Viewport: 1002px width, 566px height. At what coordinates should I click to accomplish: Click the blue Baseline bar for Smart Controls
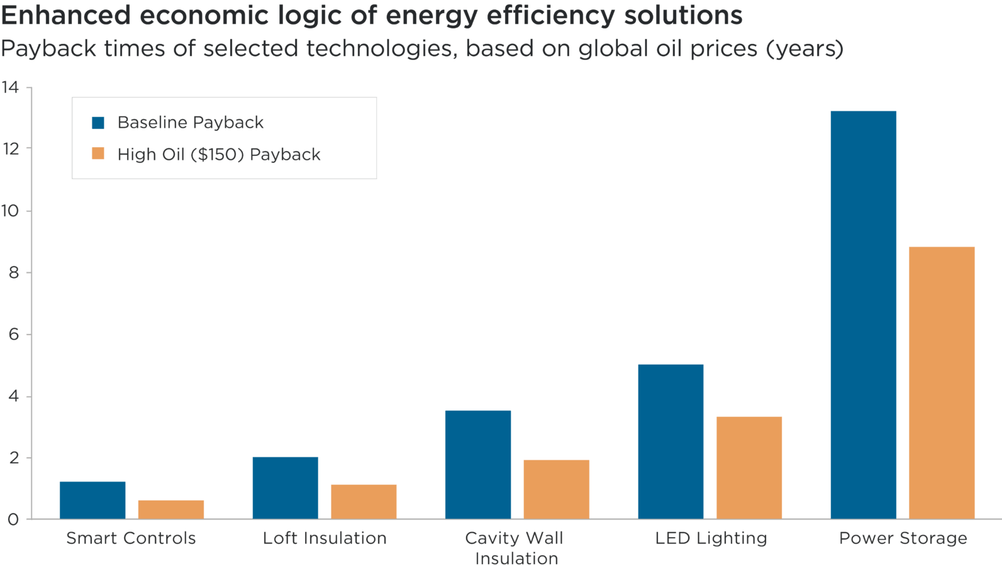tap(92, 500)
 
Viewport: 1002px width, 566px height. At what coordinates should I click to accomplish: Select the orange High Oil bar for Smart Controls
tap(171, 509)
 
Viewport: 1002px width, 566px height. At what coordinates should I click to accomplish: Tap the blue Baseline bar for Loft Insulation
tap(285, 487)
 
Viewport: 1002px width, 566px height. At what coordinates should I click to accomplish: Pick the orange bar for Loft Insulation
tap(364, 501)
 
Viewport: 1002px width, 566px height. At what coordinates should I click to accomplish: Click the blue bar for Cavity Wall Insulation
tap(478, 464)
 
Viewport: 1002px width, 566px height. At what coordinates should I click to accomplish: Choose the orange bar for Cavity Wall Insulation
tap(557, 489)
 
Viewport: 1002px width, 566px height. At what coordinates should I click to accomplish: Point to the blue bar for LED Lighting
tap(671, 441)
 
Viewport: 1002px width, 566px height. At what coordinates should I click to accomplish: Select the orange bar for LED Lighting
tap(749, 467)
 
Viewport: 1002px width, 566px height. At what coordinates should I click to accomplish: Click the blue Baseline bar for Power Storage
tap(863, 314)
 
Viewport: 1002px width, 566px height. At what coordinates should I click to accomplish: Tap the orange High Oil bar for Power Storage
tap(942, 382)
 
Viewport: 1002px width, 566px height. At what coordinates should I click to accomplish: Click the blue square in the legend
tap(98, 123)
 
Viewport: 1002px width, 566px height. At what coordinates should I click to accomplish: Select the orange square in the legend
tap(98, 154)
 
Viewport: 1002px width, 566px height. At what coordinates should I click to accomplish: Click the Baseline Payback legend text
tap(190, 123)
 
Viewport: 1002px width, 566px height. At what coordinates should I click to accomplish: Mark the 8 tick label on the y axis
tap(13, 272)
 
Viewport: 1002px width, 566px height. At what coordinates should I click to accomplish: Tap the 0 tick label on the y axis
tap(13, 519)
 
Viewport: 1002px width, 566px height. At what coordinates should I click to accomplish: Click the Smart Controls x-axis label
tap(131, 538)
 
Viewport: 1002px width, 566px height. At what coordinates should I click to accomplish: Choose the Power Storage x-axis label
tap(903, 538)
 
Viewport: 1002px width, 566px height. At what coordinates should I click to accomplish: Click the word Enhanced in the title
tap(65, 16)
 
